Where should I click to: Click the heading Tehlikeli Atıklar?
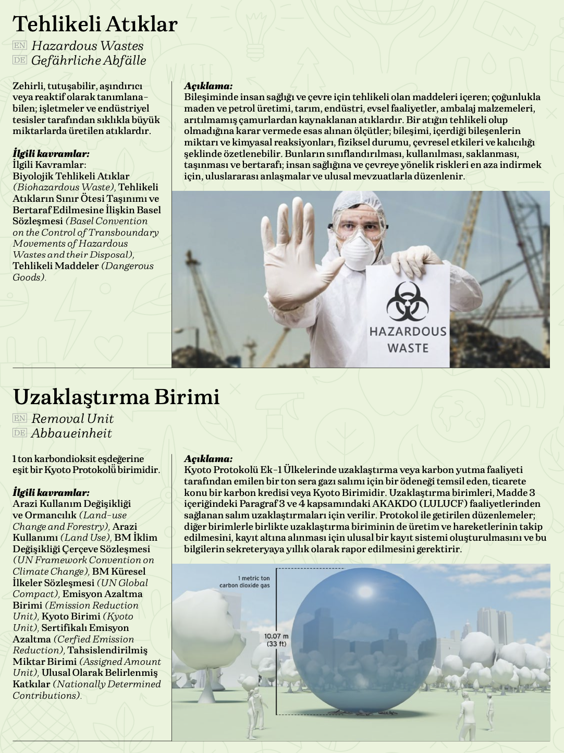coord(95,25)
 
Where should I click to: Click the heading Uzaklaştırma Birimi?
coord(116,397)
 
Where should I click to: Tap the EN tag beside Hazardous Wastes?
coord(19,46)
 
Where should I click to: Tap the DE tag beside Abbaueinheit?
coord(19,433)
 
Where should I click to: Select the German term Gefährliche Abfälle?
coord(89,60)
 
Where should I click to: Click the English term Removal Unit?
coord(72,419)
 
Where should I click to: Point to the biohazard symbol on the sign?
coord(407,301)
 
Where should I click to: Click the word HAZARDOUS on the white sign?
coord(408,332)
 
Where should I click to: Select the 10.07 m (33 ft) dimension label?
coord(276,640)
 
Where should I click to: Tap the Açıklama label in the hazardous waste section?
coord(208,86)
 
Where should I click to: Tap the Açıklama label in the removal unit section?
coord(208,459)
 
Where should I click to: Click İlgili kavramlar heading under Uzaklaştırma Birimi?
coord(51,492)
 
